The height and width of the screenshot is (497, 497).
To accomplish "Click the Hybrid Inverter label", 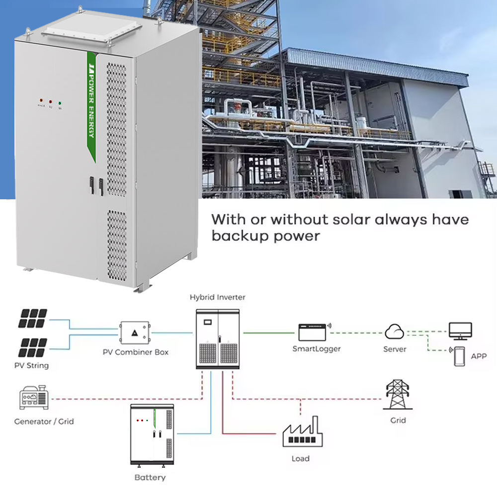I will click(217, 297).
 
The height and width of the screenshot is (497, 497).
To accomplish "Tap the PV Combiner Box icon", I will click(134, 332).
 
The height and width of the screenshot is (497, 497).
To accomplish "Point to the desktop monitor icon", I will click(460, 331).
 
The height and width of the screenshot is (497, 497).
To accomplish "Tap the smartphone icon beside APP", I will click(459, 356).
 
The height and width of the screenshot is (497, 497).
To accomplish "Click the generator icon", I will click(34, 398).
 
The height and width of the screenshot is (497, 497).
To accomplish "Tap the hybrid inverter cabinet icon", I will click(218, 338).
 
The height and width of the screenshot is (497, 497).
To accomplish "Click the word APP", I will click(479, 356).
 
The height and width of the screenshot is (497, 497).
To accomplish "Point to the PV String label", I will click(31, 366).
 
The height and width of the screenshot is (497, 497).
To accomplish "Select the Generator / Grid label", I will click(44, 421).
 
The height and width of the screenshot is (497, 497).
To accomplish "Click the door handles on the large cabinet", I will click(95, 184).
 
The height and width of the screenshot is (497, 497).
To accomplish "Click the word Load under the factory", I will click(300, 458).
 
